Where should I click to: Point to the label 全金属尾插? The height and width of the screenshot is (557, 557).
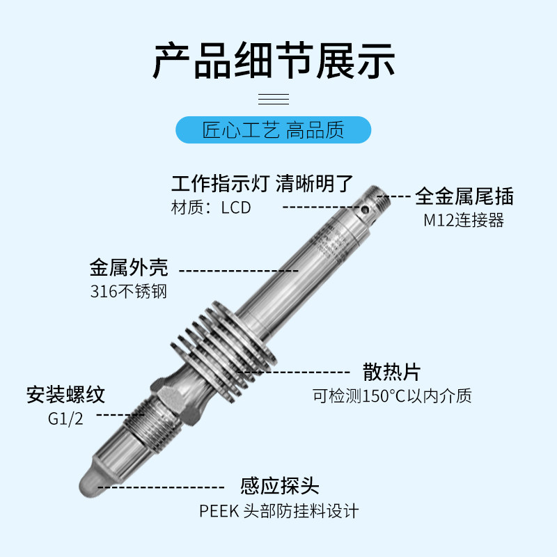click(x=464, y=196)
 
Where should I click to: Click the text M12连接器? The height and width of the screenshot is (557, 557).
click(x=463, y=221)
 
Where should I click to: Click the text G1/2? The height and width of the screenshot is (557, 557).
click(x=65, y=419)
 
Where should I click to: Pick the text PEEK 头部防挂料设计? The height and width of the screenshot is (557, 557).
click(x=278, y=511)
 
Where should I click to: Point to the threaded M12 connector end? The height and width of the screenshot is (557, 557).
click(x=380, y=196)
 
